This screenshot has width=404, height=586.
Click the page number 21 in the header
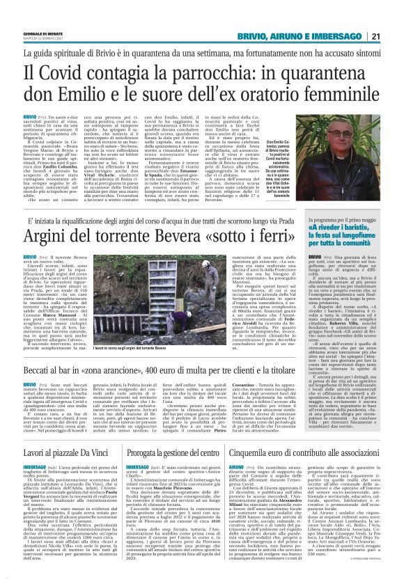pos(394,15)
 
